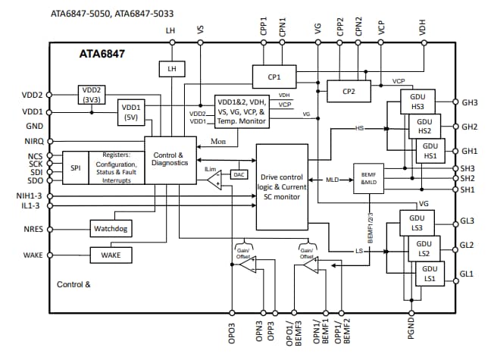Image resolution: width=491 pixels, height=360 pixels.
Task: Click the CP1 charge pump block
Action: [274, 77]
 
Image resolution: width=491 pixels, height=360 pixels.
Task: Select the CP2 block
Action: [349, 91]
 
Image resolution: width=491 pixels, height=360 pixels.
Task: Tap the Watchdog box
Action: [111, 227]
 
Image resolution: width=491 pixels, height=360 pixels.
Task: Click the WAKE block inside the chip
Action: [111, 255]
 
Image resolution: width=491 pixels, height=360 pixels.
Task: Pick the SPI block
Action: [76, 167]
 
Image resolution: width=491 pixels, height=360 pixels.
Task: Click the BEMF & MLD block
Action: [369, 178]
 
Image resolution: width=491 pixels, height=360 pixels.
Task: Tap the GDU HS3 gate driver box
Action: [417, 102]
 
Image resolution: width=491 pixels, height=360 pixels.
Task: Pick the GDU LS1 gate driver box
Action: [430, 274]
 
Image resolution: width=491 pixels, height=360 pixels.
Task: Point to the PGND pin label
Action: [411, 333]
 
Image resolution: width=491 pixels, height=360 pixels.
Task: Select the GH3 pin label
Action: [470, 102]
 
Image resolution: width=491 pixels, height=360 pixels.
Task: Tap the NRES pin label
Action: [33, 227]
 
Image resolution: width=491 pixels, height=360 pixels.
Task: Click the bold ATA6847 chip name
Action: [102, 55]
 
